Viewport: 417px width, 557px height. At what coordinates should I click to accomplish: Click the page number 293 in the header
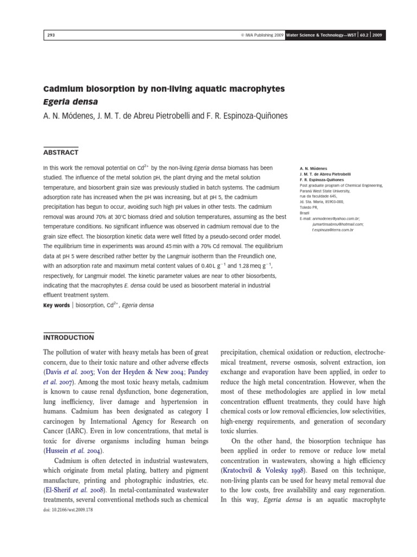tap(52, 35)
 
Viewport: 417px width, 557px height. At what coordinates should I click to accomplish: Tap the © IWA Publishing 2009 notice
tap(257, 35)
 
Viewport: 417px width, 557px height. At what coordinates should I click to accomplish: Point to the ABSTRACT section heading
tap(61, 152)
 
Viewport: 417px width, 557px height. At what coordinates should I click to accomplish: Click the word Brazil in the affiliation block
tap(305, 213)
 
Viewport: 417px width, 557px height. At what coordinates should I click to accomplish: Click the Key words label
tap(56, 306)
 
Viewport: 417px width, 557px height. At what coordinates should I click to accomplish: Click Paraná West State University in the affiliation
tap(325, 191)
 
